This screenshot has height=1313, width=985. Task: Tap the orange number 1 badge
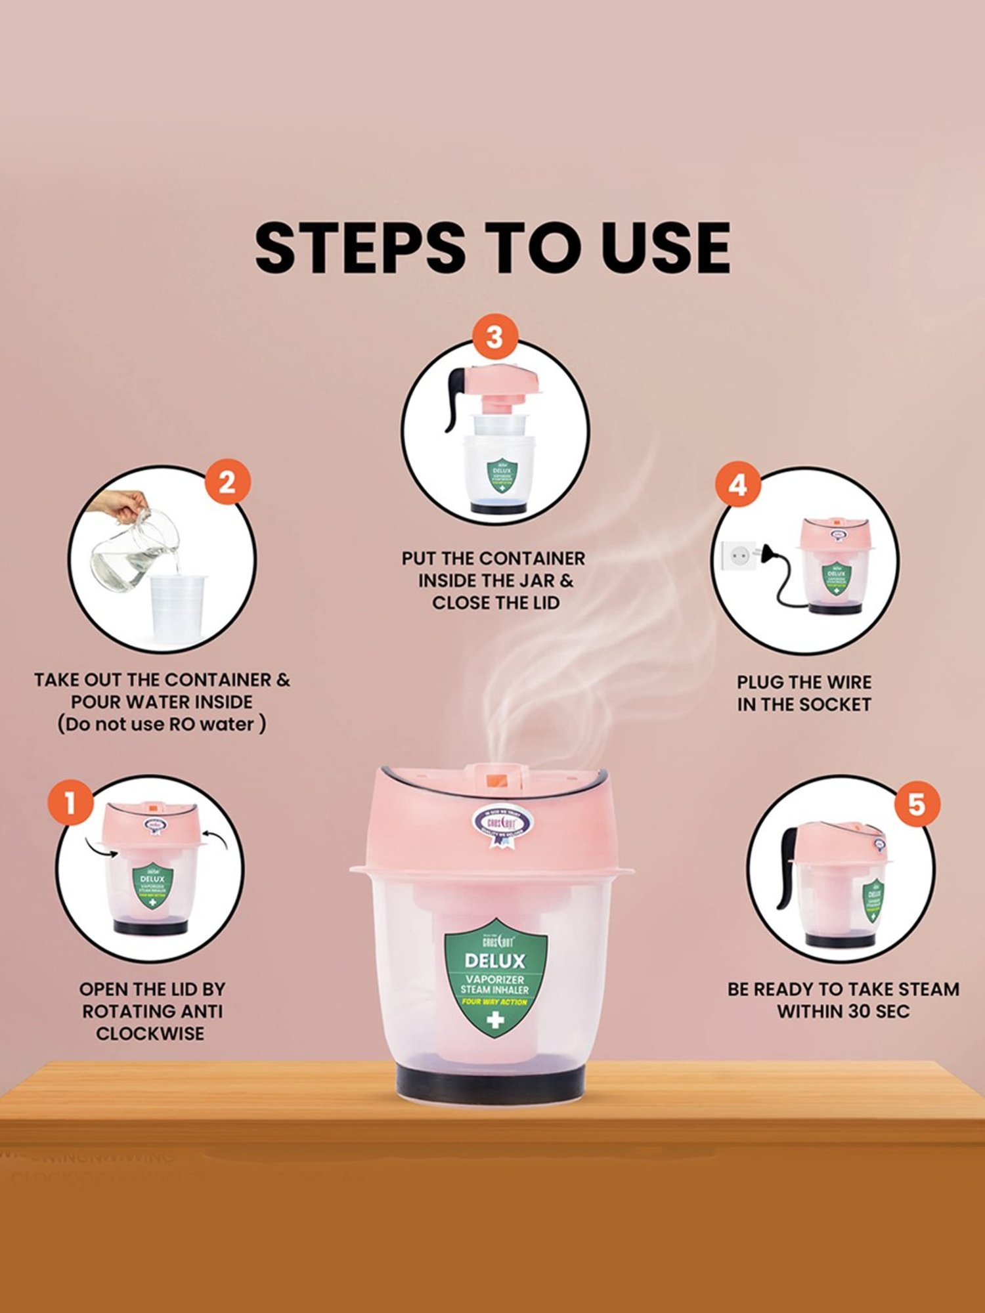tap(70, 803)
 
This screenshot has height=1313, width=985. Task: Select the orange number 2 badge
tap(227, 483)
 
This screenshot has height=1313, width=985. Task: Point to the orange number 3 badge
tap(494, 337)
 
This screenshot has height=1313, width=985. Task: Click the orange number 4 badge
tap(737, 485)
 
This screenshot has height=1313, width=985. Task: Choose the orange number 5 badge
tap(916, 804)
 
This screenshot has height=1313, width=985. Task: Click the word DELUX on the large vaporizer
tap(495, 961)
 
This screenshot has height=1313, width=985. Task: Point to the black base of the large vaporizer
tap(491, 1080)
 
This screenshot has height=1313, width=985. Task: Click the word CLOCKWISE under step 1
tap(150, 1033)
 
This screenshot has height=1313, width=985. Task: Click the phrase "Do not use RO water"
tap(162, 724)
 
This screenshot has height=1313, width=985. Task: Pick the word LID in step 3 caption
tap(543, 603)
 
